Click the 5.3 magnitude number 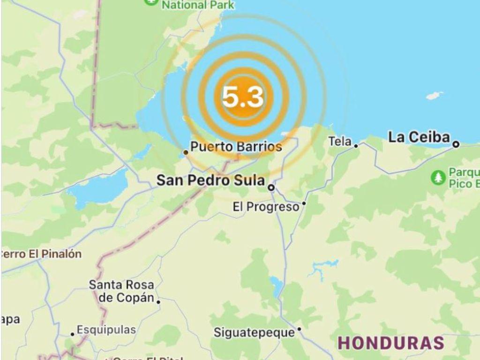coord(242,97)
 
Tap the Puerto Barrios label coord(236,147)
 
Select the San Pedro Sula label coord(210,180)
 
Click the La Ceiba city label coord(419,137)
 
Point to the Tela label coord(340,141)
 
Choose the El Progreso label coord(266,207)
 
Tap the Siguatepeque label coord(254,332)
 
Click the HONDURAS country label coord(391,343)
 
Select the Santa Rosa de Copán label coord(121,291)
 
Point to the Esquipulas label coord(106,330)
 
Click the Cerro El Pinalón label coord(41,254)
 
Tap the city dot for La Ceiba coord(456,145)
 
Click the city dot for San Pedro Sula coord(271,187)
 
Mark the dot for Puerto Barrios coord(186,152)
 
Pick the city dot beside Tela coord(356,146)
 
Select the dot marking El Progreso coord(304,203)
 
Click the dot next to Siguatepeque coord(299,330)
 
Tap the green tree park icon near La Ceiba coord(438,177)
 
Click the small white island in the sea coord(435,96)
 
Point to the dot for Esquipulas coord(72,334)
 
